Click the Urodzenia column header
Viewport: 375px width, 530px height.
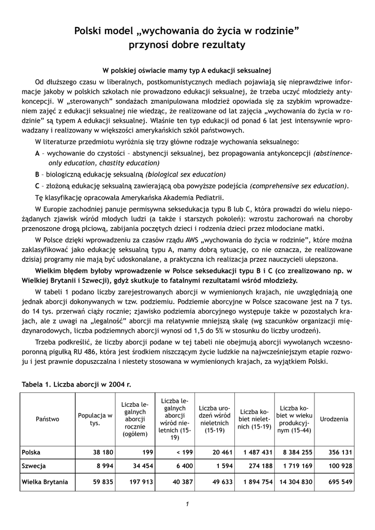(334, 419)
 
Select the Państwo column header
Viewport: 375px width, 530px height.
(48, 419)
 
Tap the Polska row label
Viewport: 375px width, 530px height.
(31, 452)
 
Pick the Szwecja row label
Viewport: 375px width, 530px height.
(34, 466)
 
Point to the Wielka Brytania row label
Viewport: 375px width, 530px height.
(44, 482)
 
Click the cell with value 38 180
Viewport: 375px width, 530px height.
(103, 452)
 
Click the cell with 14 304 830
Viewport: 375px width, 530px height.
(294, 482)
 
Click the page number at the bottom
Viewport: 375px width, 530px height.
(187, 504)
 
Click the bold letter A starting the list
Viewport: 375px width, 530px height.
(37, 153)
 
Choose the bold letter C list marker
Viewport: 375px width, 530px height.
(37, 186)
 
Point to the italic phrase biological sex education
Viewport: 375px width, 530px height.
(186, 174)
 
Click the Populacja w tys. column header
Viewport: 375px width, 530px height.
(95, 419)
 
